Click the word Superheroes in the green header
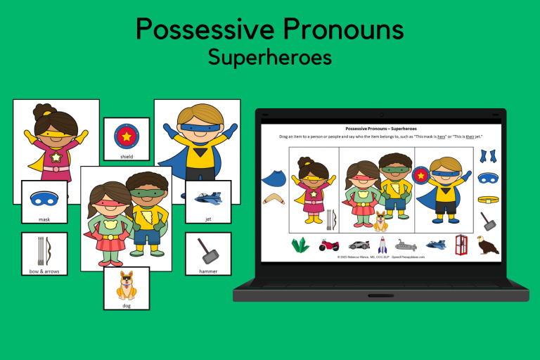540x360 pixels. (x=269, y=57)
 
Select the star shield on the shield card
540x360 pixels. (x=127, y=135)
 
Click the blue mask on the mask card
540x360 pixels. (x=44, y=199)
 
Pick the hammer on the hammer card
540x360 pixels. (x=208, y=250)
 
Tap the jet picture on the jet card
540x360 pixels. (x=208, y=198)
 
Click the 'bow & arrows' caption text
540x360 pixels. (x=44, y=270)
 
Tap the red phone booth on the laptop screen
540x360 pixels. (x=461, y=245)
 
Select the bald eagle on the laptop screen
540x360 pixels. (x=487, y=245)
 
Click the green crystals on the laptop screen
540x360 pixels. (x=300, y=245)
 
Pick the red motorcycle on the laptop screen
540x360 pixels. (x=328, y=245)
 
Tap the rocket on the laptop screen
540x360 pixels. (x=382, y=245)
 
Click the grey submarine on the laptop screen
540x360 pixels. (x=406, y=245)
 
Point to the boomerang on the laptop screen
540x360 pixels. (x=274, y=200)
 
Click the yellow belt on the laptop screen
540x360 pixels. (x=488, y=199)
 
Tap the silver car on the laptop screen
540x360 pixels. (x=359, y=245)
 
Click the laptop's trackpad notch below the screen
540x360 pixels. (x=380, y=296)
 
